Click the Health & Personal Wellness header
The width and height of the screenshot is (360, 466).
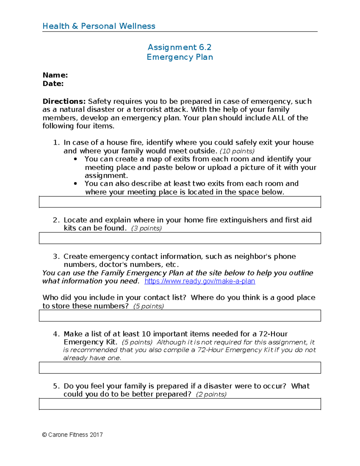coord(99,26)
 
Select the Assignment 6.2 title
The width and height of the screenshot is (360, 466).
coord(179,47)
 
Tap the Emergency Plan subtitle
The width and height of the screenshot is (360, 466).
coord(180,57)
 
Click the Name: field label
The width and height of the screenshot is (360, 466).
coord(55,75)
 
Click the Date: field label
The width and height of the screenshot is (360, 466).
coord(53,83)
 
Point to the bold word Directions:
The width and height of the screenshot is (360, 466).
coord(64,101)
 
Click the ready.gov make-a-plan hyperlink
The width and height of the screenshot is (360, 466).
coord(199,281)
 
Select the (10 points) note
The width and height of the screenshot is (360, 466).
coord(237,151)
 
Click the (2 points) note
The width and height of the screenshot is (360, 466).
coord(211,394)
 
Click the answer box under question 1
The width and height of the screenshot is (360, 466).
coord(180,202)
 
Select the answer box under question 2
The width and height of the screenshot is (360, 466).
coord(180,238)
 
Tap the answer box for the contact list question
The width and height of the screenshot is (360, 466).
coord(180,316)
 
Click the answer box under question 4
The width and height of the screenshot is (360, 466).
coord(180,368)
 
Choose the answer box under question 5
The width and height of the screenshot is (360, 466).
coord(180,404)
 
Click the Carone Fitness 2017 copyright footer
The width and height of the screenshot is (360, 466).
coord(72,435)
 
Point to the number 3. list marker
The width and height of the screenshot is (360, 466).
coord(56,257)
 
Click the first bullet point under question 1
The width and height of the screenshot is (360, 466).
coord(75,159)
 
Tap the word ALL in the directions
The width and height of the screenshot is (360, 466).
coord(279,118)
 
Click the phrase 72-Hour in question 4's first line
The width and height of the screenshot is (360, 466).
coord(273,334)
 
